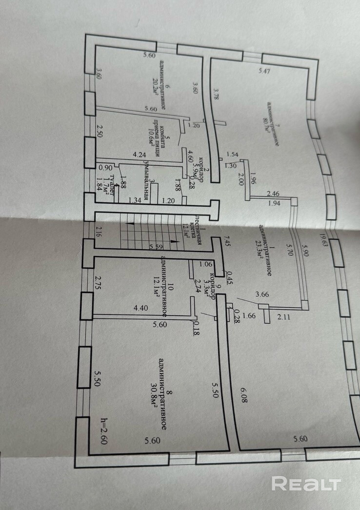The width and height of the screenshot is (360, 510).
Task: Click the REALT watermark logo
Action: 305,483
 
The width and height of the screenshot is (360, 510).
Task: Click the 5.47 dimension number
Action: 264,72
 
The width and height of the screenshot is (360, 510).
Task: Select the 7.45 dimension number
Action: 226,240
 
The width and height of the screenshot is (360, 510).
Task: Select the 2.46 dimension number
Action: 273,194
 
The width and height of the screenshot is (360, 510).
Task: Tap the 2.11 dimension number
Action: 283,317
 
